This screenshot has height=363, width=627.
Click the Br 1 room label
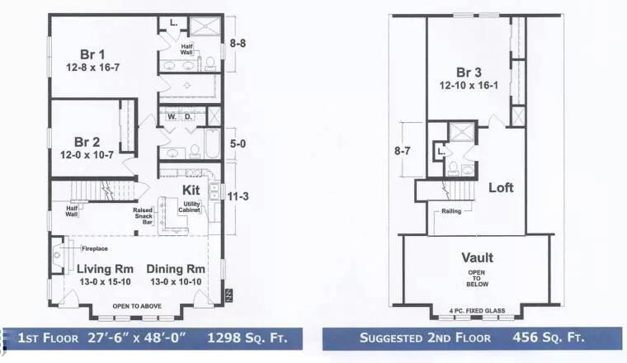[x=92, y=54]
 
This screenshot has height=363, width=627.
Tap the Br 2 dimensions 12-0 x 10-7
[x=87, y=155]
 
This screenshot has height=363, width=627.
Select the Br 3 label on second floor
[x=469, y=73]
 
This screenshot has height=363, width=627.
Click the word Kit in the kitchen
[x=191, y=190]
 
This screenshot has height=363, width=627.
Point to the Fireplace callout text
[x=95, y=248]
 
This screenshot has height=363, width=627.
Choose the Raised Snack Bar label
[x=144, y=216]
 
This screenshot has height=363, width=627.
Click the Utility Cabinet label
[x=189, y=207]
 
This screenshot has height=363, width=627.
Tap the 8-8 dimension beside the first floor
[x=238, y=43]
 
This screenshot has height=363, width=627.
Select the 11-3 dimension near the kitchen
[x=238, y=196]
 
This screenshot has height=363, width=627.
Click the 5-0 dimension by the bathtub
[x=238, y=144]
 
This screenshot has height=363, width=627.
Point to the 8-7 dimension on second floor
[x=403, y=151]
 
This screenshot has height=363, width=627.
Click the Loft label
[x=501, y=187]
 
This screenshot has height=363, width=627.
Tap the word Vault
[x=477, y=257]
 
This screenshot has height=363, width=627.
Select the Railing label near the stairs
[x=451, y=211]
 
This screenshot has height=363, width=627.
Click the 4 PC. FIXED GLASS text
[x=477, y=311]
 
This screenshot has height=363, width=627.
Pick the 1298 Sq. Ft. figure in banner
[x=247, y=337]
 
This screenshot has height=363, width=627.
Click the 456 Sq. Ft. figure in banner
[x=549, y=337]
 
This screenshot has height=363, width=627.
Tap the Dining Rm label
[x=176, y=269]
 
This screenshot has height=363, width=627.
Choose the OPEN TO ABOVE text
[x=137, y=306]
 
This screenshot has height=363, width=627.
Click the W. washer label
[x=172, y=116]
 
